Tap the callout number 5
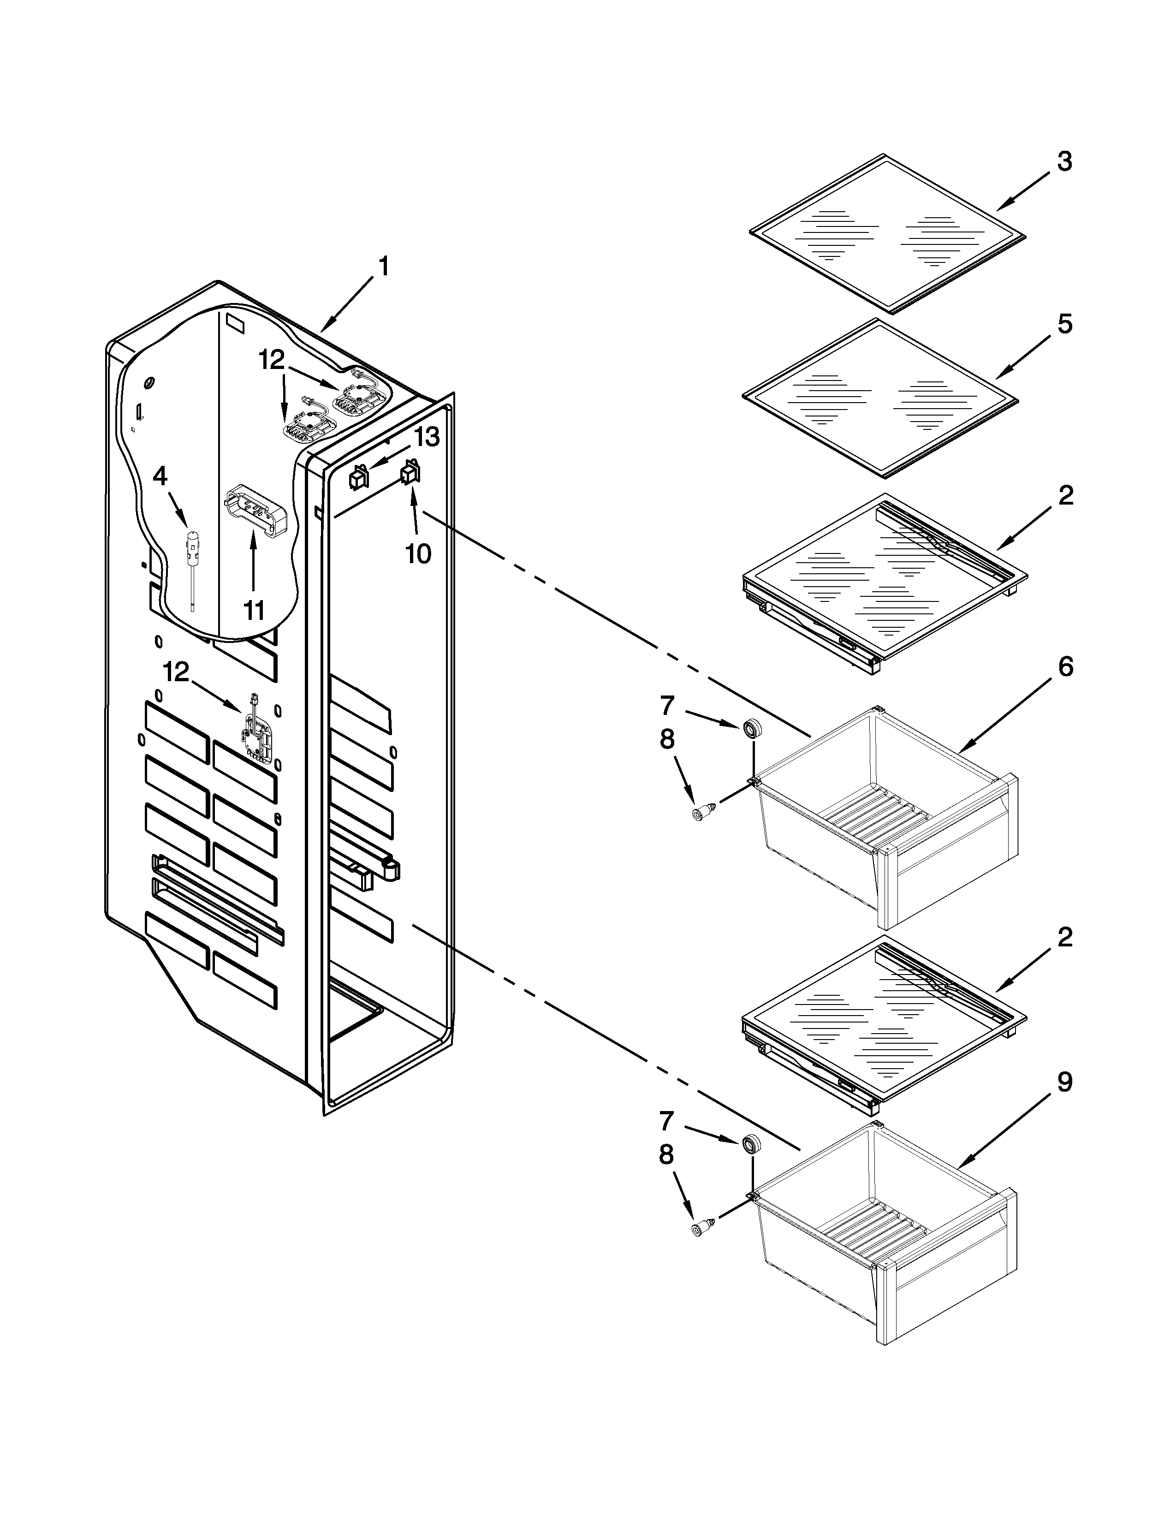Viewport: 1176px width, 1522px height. pos(1064,325)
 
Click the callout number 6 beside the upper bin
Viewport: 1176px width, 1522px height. pos(1066,667)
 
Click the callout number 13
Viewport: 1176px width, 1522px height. pos(427,438)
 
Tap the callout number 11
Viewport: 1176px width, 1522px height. pos(254,611)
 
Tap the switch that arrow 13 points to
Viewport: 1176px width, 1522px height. pos(358,478)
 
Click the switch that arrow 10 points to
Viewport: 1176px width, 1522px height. pos(409,475)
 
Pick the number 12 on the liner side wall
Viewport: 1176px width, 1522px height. pos(176,672)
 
